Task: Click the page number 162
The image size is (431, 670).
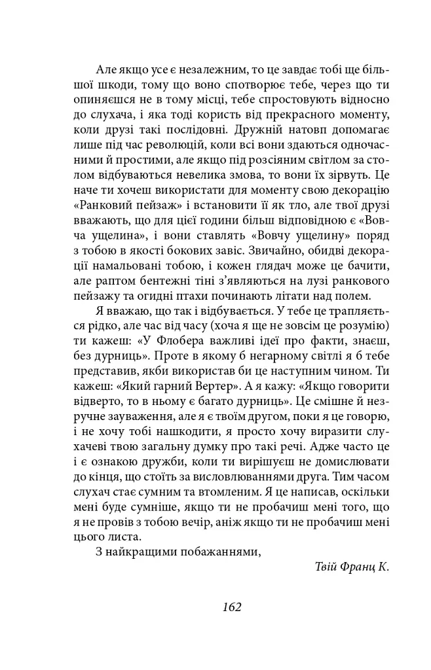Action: (232, 607)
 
